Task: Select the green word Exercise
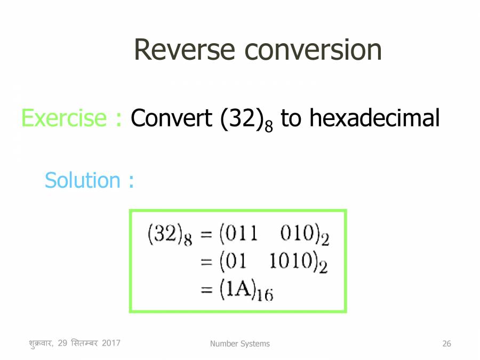65,118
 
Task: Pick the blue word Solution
82,180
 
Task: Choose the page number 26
446,344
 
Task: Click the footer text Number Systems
239,344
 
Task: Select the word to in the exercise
291,118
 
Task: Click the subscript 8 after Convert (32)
268,127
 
